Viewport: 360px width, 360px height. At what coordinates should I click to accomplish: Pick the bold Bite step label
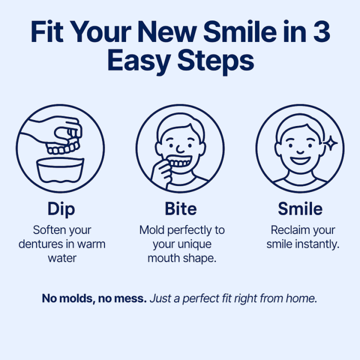click(180, 209)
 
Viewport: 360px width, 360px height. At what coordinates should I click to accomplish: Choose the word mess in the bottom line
click(129, 298)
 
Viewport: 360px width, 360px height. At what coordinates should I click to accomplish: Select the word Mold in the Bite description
click(151, 230)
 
